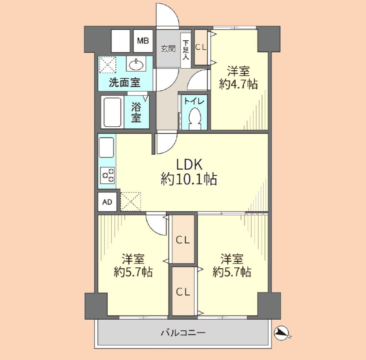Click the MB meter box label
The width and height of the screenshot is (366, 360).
pos(143,41)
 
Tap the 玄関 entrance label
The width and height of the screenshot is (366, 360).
pos(168,49)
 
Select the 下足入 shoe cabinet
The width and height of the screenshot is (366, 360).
pos(186,50)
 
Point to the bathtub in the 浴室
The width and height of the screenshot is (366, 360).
pos(113,112)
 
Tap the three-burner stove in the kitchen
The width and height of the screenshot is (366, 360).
pos(108,175)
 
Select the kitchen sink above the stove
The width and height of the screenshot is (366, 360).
pos(106,148)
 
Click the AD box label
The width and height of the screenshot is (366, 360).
pos(107,202)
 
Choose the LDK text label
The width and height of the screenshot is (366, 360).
pos(189,164)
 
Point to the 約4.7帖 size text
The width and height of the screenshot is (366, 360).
pos(239,84)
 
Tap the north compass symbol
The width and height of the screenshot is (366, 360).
pos(281,333)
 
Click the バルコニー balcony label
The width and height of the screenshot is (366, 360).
pos(183,333)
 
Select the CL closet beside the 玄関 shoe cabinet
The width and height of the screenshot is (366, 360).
pos(201,47)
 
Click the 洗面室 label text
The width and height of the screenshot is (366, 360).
pos(125,82)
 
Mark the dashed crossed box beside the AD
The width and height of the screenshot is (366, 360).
pos(131,202)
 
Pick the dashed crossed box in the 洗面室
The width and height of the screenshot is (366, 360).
pos(107,64)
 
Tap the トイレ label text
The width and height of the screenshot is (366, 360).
pos(194,101)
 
